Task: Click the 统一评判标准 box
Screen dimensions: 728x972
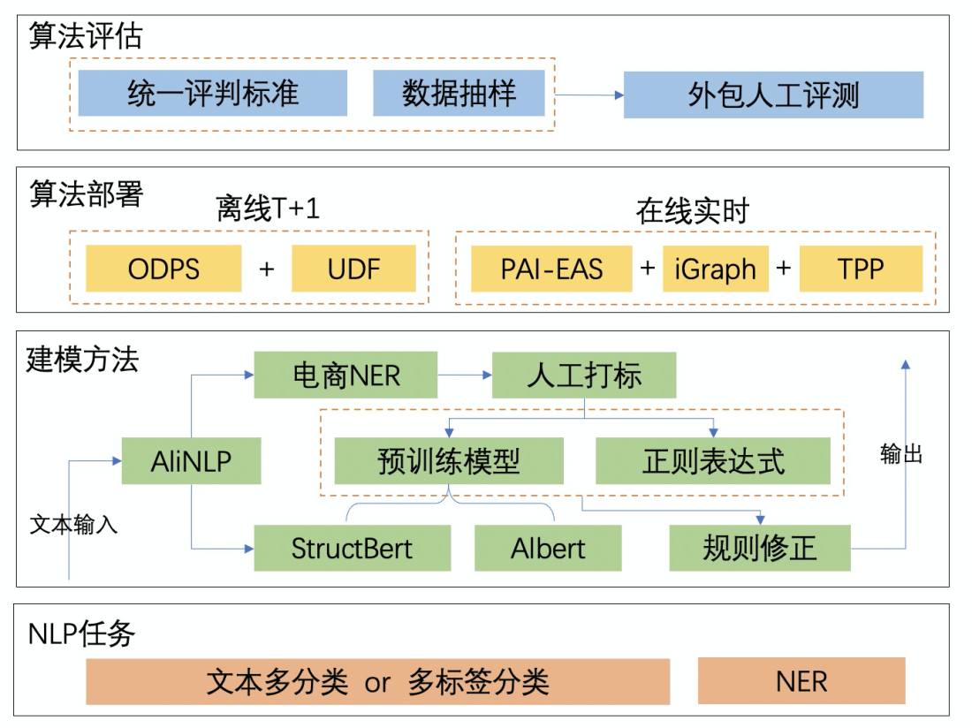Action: click(x=212, y=93)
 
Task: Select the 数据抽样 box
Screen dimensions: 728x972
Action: click(x=459, y=93)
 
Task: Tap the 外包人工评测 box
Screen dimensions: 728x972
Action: click(x=773, y=95)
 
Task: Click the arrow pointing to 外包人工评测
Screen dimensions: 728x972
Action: click(x=589, y=95)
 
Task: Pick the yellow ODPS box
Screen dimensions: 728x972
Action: click(x=163, y=269)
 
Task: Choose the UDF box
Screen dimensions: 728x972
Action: click(x=353, y=269)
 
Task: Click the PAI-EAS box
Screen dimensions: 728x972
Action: click(x=551, y=269)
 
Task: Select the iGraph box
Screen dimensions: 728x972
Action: click(x=716, y=269)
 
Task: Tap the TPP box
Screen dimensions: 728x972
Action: click(x=861, y=269)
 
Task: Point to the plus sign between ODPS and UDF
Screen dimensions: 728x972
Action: click(x=267, y=269)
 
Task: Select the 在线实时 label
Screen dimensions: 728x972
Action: click(x=692, y=211)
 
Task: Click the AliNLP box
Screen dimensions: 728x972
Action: click(x=191, y=460)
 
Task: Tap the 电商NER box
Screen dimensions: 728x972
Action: click(x=346, y=375)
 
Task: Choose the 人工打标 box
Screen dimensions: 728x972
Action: click(x=583, y=375)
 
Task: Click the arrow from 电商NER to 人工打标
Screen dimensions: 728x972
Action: click(x=465, y=375)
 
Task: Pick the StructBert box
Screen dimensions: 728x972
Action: click(x=352, y=548)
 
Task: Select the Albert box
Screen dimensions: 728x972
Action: click(x=548, y=548)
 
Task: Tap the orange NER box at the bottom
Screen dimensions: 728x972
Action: click(x=801, y=680)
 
